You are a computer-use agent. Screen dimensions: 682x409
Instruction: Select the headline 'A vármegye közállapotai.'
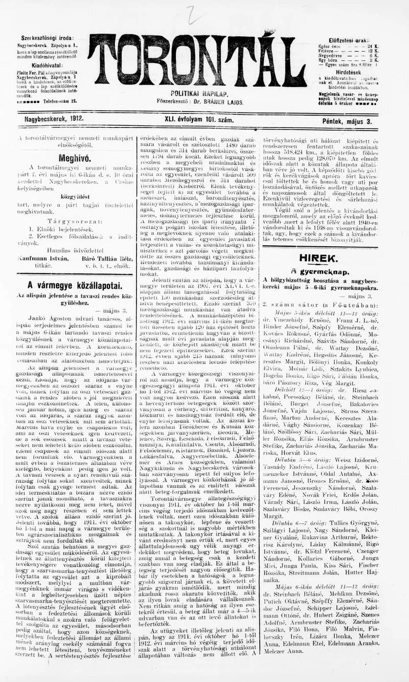pyautogui.click(x=75, y=285)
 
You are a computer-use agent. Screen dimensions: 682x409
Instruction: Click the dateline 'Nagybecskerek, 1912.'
pyautogui.click(x=54, y=120)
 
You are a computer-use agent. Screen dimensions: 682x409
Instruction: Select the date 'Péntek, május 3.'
pyautogui.click(x=347, y=121)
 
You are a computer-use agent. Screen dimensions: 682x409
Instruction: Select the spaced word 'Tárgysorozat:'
pyautogui.click(x=75, y=221)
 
